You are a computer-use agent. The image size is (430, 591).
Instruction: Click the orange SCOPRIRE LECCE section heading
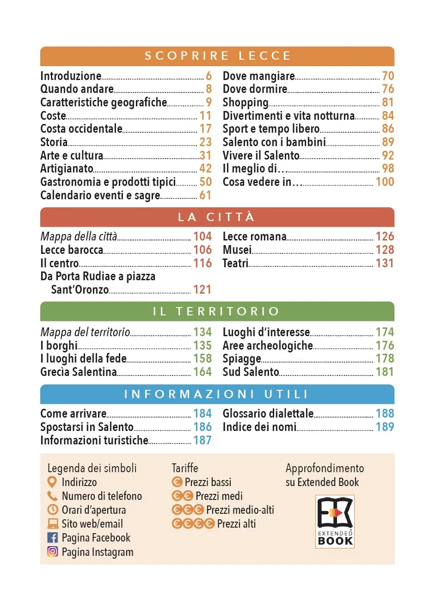pos(217,56)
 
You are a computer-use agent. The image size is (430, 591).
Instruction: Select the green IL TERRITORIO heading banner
pos(217,311)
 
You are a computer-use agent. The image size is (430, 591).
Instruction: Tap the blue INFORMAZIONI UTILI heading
pos(217,394)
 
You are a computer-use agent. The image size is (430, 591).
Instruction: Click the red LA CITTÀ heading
pos(217,217)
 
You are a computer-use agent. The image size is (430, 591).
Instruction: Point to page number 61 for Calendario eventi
pos(205,195)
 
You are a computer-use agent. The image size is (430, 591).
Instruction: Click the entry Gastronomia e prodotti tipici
pos(108,182)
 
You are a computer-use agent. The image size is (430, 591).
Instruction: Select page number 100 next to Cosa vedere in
pos(385,182)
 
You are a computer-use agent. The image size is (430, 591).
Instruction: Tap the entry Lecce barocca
pos(72,250)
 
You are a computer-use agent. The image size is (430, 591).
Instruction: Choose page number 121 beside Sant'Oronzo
pos(202,290)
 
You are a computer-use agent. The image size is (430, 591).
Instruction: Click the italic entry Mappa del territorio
pos(85,332)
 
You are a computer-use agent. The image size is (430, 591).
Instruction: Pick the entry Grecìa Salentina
pos(78,372)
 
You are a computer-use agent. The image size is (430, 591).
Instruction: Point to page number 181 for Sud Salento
pos(385,372)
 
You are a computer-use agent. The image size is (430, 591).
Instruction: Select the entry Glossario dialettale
pos(268,413)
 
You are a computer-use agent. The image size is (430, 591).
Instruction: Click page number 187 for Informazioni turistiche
pos(202,440)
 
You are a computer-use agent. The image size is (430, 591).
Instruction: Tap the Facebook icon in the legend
pos(53,538)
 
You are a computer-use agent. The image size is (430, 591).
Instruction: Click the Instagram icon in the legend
pos(53,552)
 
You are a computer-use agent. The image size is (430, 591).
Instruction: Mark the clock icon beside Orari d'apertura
pos(53,510)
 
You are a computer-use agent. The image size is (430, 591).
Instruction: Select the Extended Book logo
pos(335,521)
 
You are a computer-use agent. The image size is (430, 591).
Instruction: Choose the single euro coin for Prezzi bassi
pos(177,482)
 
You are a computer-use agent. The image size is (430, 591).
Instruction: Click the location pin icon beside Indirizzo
pos(53,482)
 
